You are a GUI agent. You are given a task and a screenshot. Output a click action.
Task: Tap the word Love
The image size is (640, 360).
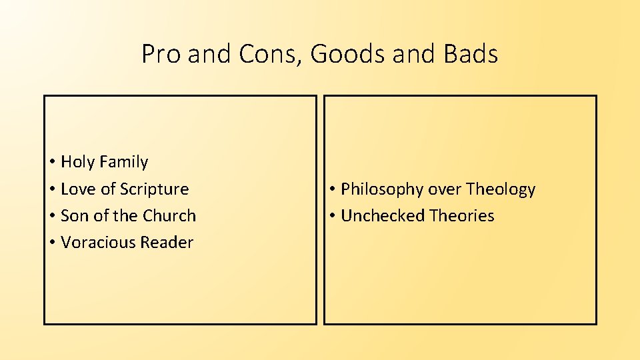pyautogui.click(x=79, y=189)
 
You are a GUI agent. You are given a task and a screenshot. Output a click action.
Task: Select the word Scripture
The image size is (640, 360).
pyautogui.click(x=155, y=190)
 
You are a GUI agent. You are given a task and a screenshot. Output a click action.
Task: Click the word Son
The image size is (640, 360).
pyautogui.click(x=75, y=216)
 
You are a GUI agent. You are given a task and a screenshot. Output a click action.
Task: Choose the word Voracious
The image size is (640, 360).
pyautogui.click(x=97, y=243)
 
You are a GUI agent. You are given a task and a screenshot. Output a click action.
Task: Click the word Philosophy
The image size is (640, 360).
pyautogui.click(x=383, y=190)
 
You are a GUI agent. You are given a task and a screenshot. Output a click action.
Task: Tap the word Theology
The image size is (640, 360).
pyautogui.click(x=501, y=190)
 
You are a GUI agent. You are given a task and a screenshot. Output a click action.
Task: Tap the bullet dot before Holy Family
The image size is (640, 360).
pyautogui.click(x=51, y=163)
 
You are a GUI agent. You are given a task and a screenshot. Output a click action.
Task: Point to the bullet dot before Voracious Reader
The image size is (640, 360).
pyautogui.click(x=51, y=243)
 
